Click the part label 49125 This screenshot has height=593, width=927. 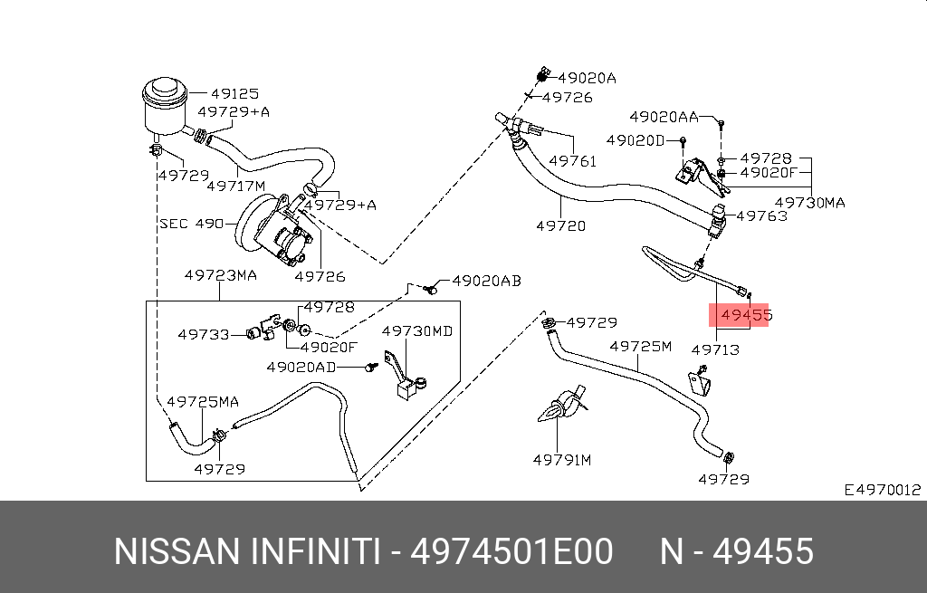click(234, 93)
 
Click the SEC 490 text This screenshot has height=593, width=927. click(190, 223)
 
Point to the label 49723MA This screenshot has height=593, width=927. click(220, 275)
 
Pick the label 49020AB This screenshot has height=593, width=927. click(486, 282)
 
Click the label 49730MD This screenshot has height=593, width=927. click(416, 331)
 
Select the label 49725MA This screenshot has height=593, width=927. click(203, 400)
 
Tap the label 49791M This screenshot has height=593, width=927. click(561, 460)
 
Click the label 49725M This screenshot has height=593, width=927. click(641, 346)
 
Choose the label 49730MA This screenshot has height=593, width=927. click(810, 203)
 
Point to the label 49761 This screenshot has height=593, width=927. click(572, 160)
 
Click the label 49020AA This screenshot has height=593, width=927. click(664, 117)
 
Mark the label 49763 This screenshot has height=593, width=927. click(761, 216)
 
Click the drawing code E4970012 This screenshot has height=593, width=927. click(882, 490)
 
